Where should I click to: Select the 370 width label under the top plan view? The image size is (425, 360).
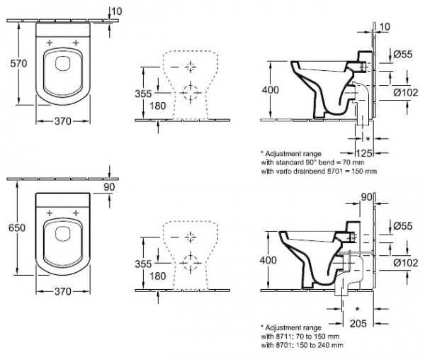click(x=63, y=121)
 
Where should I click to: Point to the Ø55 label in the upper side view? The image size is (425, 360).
click(x=403, y=55)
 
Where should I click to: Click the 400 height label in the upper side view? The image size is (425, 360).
click(x=270, y=90)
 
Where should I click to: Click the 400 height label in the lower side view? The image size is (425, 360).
click(x=270, y=260)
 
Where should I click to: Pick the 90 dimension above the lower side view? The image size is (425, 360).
click(x=365, y=197)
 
